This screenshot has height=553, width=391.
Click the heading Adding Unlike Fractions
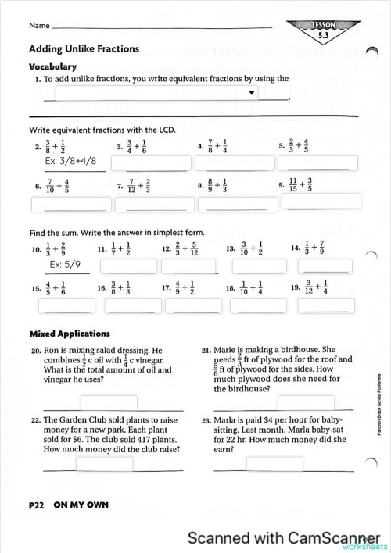tap(84, 48)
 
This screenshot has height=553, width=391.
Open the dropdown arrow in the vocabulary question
tap(251, 93)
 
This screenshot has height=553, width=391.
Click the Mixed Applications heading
tap(70, 334)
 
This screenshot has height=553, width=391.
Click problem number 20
tap(36, 351)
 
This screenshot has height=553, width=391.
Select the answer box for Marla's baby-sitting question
tap(253, 464)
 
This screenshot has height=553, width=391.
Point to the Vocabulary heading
tap(52, 66)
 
